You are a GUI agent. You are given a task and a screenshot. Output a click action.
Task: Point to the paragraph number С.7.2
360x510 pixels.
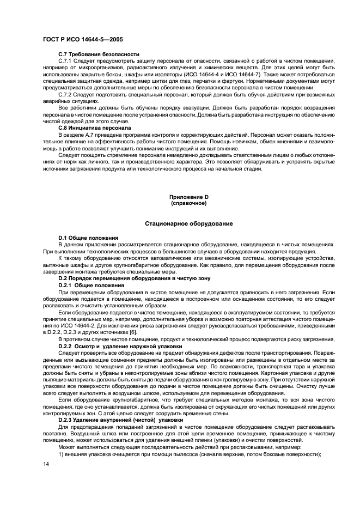[66, 94]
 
